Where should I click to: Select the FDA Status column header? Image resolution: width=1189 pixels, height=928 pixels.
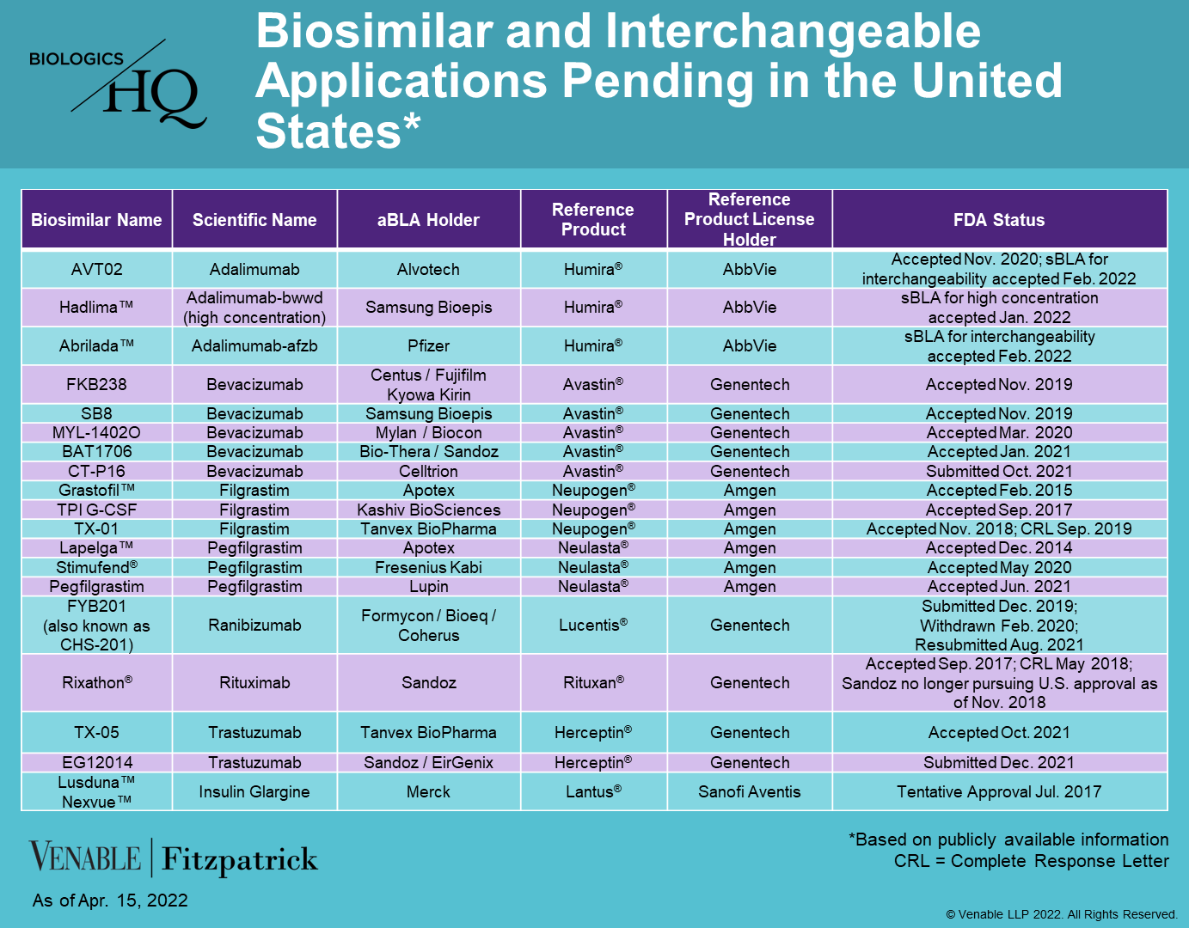click(x=999, y=219)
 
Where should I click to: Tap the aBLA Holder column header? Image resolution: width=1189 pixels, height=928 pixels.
click(x=428, y=219)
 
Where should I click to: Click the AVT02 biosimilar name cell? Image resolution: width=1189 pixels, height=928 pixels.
click(x=96, y=269)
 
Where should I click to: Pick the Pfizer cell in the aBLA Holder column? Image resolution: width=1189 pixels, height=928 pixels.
click(x=428, y=345)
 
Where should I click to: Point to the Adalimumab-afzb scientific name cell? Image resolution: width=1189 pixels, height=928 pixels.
click(x=254, y=345)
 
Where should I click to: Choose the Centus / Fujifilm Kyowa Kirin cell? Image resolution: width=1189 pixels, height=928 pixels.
click(x=428, y=384)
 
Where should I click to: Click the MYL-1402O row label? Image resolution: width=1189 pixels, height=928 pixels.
click(x=96, y=432)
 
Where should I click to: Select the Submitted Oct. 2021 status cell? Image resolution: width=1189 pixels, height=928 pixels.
click(x=999, y=471)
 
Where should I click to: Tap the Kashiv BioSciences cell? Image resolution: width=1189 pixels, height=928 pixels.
click(x=428, y=510)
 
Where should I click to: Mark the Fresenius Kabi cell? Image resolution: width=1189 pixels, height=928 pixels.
click(x=428, y=567)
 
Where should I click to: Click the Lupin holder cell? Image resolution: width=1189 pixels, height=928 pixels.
click(x=428, y=586)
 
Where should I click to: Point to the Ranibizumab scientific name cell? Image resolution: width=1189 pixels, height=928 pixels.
click(x=254, y=625)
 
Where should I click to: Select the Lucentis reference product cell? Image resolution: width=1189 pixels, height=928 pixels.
click(x=593, y=625)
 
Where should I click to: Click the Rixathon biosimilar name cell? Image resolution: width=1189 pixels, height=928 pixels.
click(x=97, y=682)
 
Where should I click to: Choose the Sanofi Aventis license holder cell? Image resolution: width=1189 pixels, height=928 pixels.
click(x=749, y=791)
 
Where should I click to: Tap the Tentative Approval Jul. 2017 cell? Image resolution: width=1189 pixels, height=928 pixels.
click(x=999, y=791)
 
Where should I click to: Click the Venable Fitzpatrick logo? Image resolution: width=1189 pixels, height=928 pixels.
click(x=173, y=857)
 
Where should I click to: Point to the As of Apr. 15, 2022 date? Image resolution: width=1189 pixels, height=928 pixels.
click(x=110, y=901)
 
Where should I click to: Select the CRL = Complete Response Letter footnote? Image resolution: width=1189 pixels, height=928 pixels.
click(x=1032, y=861)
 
